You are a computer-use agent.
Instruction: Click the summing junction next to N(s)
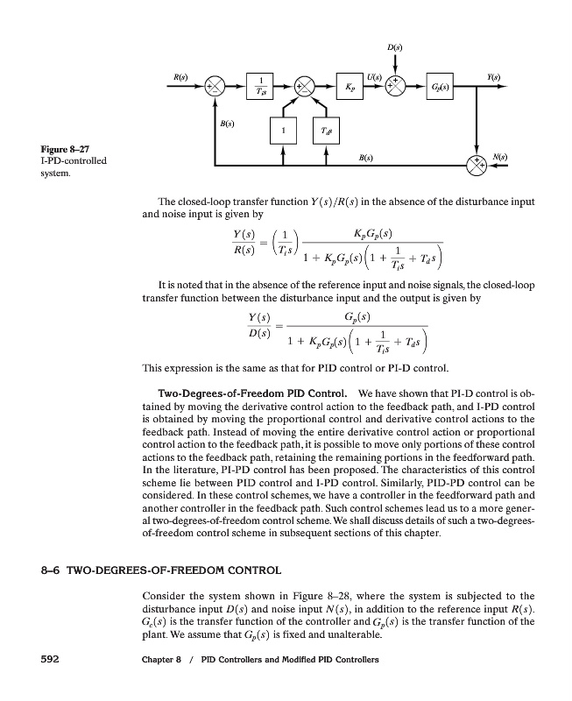coord(477,163)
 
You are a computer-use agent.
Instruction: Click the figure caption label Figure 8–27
coord(54,151)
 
